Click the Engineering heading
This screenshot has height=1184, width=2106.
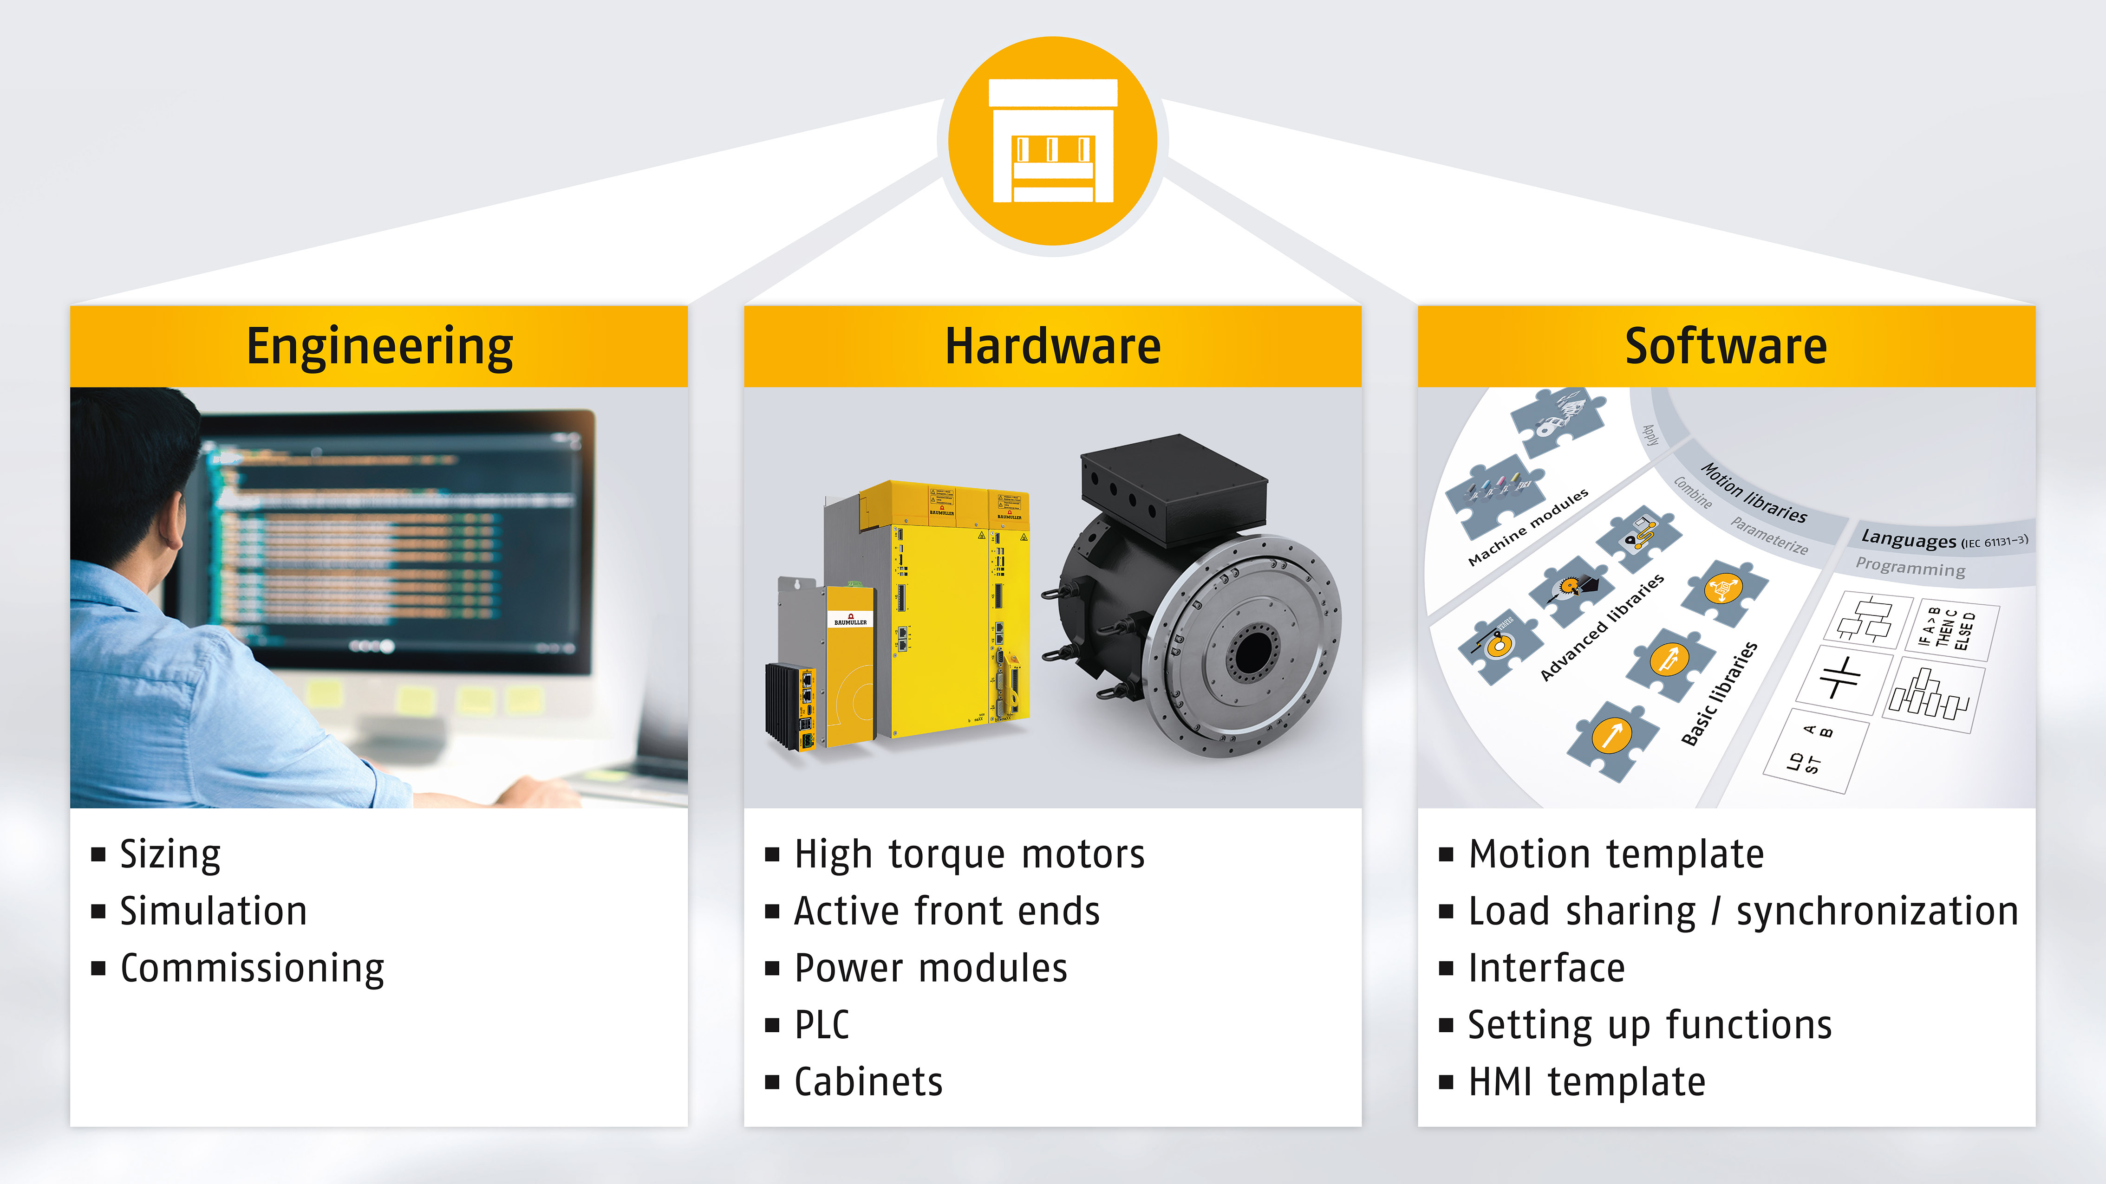pos(379,346)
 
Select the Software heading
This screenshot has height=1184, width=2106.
pos(1726,346)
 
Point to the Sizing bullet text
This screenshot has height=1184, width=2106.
pos(170,855)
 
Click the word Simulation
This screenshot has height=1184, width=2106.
pos(213,911)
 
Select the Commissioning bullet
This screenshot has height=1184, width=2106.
pos(252,968)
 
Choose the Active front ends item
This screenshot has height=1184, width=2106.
pos(947,911)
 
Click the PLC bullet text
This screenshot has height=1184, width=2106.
pos(822,1025)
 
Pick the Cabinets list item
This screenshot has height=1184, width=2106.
pos(868,1082)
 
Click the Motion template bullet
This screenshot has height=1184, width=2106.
pos(1616,855)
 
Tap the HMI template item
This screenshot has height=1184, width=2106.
pos(1587,1082)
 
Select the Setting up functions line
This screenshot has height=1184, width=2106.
pos(1650,1025)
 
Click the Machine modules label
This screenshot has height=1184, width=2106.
pos(1527,527)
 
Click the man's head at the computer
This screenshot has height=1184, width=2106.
pos(135,474)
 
